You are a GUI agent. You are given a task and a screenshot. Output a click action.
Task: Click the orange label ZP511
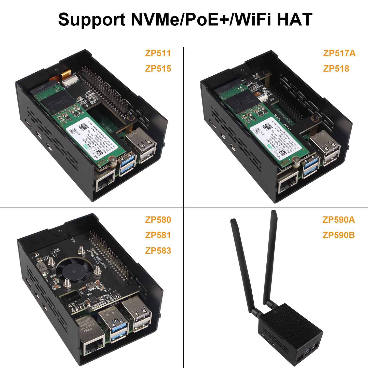[x=158, y=53]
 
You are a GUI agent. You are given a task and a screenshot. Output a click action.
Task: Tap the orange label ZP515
[x=158, y=69]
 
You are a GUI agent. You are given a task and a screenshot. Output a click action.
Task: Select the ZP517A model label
[x=339, y=53]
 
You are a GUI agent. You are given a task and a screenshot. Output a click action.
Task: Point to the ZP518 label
[x=336, y=69]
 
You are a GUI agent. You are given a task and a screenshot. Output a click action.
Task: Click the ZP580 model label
[x=158, y=220]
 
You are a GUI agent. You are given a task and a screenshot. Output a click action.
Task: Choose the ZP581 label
[x=158, y=235]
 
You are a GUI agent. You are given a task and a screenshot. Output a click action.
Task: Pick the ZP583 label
[x=158, y=251]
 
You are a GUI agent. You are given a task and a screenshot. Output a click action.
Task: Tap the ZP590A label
[x=338, y=220]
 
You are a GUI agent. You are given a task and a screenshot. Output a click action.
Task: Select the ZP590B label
[x=338, y=235]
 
